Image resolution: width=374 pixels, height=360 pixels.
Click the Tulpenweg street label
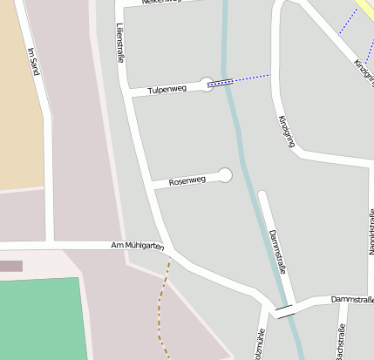point(167,89)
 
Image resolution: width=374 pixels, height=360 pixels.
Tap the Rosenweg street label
point(187,180)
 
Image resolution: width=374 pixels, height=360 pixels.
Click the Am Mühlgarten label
point(138,247)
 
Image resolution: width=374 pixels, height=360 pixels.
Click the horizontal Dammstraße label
point(351,300)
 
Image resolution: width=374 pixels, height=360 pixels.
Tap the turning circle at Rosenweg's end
point(225,175)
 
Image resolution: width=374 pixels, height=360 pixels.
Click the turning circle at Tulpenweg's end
point(207,84)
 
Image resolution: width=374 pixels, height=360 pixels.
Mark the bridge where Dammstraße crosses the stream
point(284,310)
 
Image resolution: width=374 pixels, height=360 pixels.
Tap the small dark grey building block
point(10,266)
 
